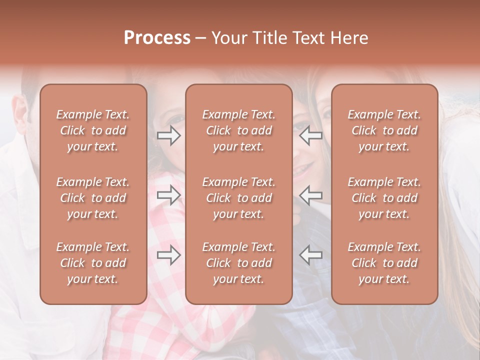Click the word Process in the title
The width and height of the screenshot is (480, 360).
coord(157,38)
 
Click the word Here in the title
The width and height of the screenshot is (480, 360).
coord(349,38)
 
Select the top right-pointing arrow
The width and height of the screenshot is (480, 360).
coord(169,135)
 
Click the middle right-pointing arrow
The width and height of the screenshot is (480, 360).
coord(169,195)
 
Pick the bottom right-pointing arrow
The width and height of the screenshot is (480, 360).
coord(169,254)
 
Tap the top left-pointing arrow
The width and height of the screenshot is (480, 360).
coord(310,135)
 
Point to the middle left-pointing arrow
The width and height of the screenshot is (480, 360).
coord(310,195)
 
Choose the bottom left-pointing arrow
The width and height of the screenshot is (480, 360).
coord(310,254)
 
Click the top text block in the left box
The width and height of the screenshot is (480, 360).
coord(93,130)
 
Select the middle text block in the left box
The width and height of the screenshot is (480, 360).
coord(93,198)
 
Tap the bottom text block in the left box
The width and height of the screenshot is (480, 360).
coord(93,263)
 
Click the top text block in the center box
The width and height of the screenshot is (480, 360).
coord(238,130)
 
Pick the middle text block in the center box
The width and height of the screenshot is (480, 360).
coord(238,198)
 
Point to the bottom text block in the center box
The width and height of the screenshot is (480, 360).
coord(238,263)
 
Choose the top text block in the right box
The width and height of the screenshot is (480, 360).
coord(384,130)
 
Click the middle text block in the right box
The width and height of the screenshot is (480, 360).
coord(384,198)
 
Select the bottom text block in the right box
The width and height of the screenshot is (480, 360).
coord(384,263)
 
